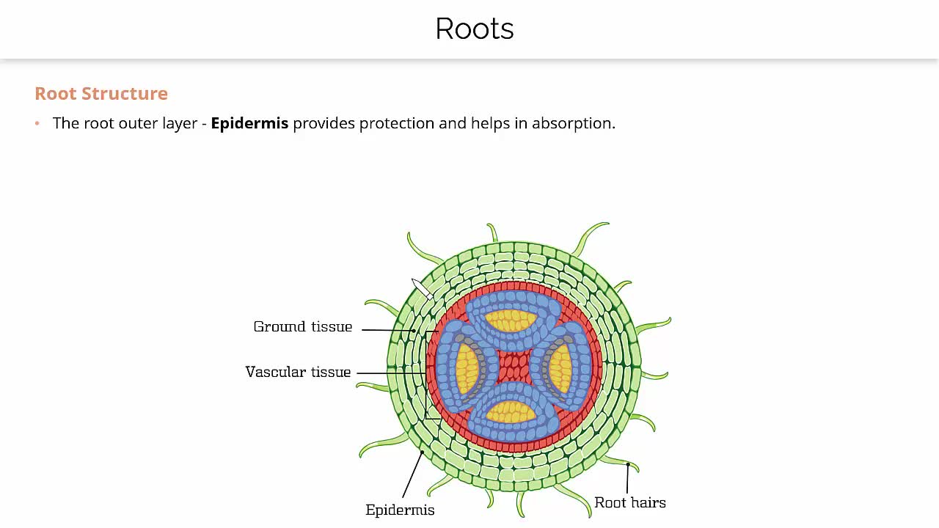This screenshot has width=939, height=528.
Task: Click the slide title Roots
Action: point(474,29)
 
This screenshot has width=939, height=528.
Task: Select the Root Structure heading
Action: point(101,94)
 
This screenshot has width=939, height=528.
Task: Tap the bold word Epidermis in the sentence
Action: point(249,123)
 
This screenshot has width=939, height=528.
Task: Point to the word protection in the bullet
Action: point(397,123)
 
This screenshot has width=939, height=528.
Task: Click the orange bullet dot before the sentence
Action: point(37,123)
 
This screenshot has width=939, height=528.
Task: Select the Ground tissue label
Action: point(302,327)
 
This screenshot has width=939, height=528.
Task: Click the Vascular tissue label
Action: point(298,373)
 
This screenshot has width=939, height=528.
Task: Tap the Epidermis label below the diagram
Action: point(400,510)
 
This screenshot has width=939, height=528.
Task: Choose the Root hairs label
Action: point(630,503)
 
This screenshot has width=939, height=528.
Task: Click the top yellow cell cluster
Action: point(512,320)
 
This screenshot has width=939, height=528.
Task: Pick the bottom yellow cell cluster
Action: point(512,411)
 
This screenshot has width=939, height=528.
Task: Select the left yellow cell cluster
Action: point(467,367)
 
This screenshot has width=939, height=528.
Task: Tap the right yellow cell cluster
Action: point(560,367)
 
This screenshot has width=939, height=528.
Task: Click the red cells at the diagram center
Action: point(514,367)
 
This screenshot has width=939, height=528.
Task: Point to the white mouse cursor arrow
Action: point(420,287)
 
